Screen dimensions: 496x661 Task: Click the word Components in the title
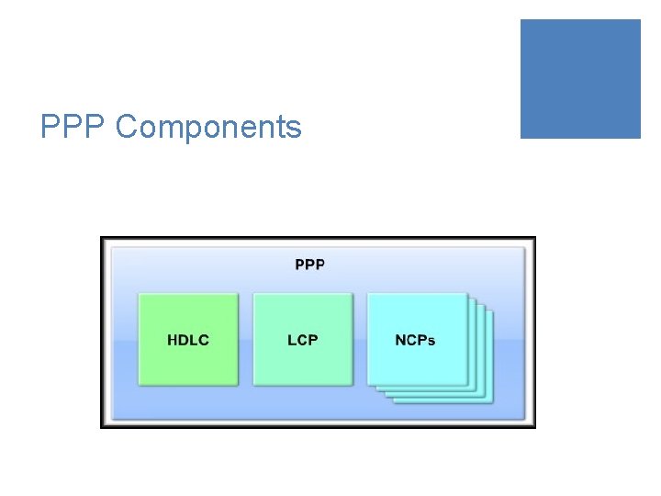click(x=208, y=127)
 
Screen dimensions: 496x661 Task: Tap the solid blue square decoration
click(x=580, y=79)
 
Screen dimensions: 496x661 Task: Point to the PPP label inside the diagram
click(x=309, y=265)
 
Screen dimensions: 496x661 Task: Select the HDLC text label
click(x=187, y=340)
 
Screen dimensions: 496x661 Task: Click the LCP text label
click(x=302, y=340)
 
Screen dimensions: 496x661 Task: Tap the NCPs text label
click(x=415, y=340)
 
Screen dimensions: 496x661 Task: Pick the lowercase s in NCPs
click(x=431, y=341)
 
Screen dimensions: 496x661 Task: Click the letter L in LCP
click(x=291, y=340)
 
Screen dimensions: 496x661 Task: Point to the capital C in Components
click(x=127, y=127)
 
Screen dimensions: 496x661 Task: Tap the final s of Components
click(x=294, y=129)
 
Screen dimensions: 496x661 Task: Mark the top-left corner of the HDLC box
click(x=139, y=295)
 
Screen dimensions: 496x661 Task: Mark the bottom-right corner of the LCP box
click(x=353, y=384)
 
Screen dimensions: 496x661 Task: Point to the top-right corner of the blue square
click(x=639, y=21)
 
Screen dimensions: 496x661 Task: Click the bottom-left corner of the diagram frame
click(x=102, y=426)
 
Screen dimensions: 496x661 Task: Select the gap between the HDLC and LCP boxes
click(x=245, y=340)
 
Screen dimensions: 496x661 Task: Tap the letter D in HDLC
click(x=183, y=340)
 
